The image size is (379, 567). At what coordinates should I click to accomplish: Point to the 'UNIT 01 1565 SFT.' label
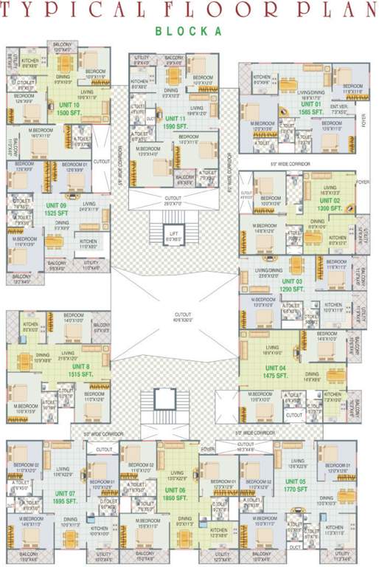click(x=310, y=108)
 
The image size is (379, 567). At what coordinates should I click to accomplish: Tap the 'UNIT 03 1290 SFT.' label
click(x=294, y=285)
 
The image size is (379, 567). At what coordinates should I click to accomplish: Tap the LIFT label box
click(x=175, y=236)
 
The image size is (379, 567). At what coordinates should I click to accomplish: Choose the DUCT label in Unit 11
click(x=151, y=118)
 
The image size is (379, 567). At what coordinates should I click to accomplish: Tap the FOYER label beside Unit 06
click(x=209, y=448)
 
